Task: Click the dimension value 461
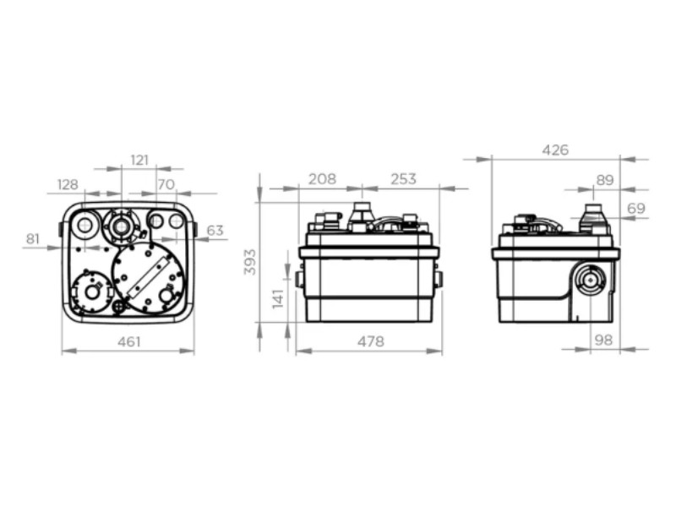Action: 129,342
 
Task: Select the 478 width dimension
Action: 371,342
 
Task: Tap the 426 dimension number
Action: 555,150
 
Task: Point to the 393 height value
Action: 250,262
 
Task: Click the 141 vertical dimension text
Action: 279,298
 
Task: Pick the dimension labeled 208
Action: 322,179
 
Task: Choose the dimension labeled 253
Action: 404,179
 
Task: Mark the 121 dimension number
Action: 139,161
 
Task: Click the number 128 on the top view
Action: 68,184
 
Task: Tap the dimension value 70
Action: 166,184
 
